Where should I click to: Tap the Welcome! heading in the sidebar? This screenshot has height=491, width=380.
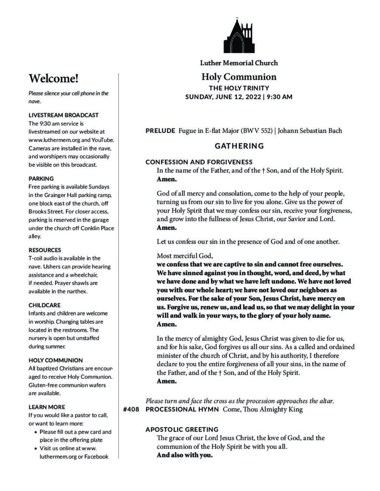click(53, 79)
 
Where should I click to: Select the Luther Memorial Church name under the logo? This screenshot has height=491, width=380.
click(239, 63)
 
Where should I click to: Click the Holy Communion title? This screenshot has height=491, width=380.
click(239, 77)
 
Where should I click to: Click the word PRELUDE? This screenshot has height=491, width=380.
click(160, 131)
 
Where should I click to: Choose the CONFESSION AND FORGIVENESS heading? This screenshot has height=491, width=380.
click(199, 162)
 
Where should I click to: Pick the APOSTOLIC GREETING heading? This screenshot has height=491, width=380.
click(182, 429)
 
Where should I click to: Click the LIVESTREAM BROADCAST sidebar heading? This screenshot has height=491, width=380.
click(63, 115)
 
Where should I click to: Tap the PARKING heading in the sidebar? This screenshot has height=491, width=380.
click(41, 178)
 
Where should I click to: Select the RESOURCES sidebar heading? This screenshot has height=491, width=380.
click(45, 250)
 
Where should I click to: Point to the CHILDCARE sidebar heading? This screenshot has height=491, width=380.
click(45, 304)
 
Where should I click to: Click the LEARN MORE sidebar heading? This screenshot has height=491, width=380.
click(47, 407)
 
